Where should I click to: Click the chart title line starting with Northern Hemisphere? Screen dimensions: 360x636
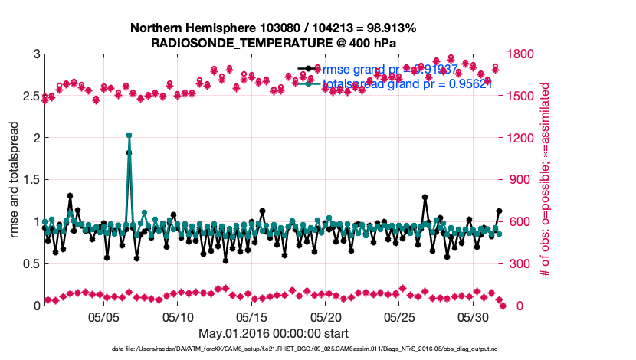274,28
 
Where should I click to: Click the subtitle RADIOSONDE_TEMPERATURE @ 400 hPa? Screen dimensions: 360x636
274,43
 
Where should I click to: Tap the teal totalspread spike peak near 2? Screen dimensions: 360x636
129,136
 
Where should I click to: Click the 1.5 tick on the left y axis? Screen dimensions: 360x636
30,180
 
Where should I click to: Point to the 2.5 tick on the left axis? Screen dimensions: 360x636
30,97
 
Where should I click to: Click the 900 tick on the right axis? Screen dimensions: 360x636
520,180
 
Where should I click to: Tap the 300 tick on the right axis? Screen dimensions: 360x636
520,264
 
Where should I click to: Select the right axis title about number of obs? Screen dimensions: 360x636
546,180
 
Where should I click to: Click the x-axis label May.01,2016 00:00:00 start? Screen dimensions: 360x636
274,333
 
